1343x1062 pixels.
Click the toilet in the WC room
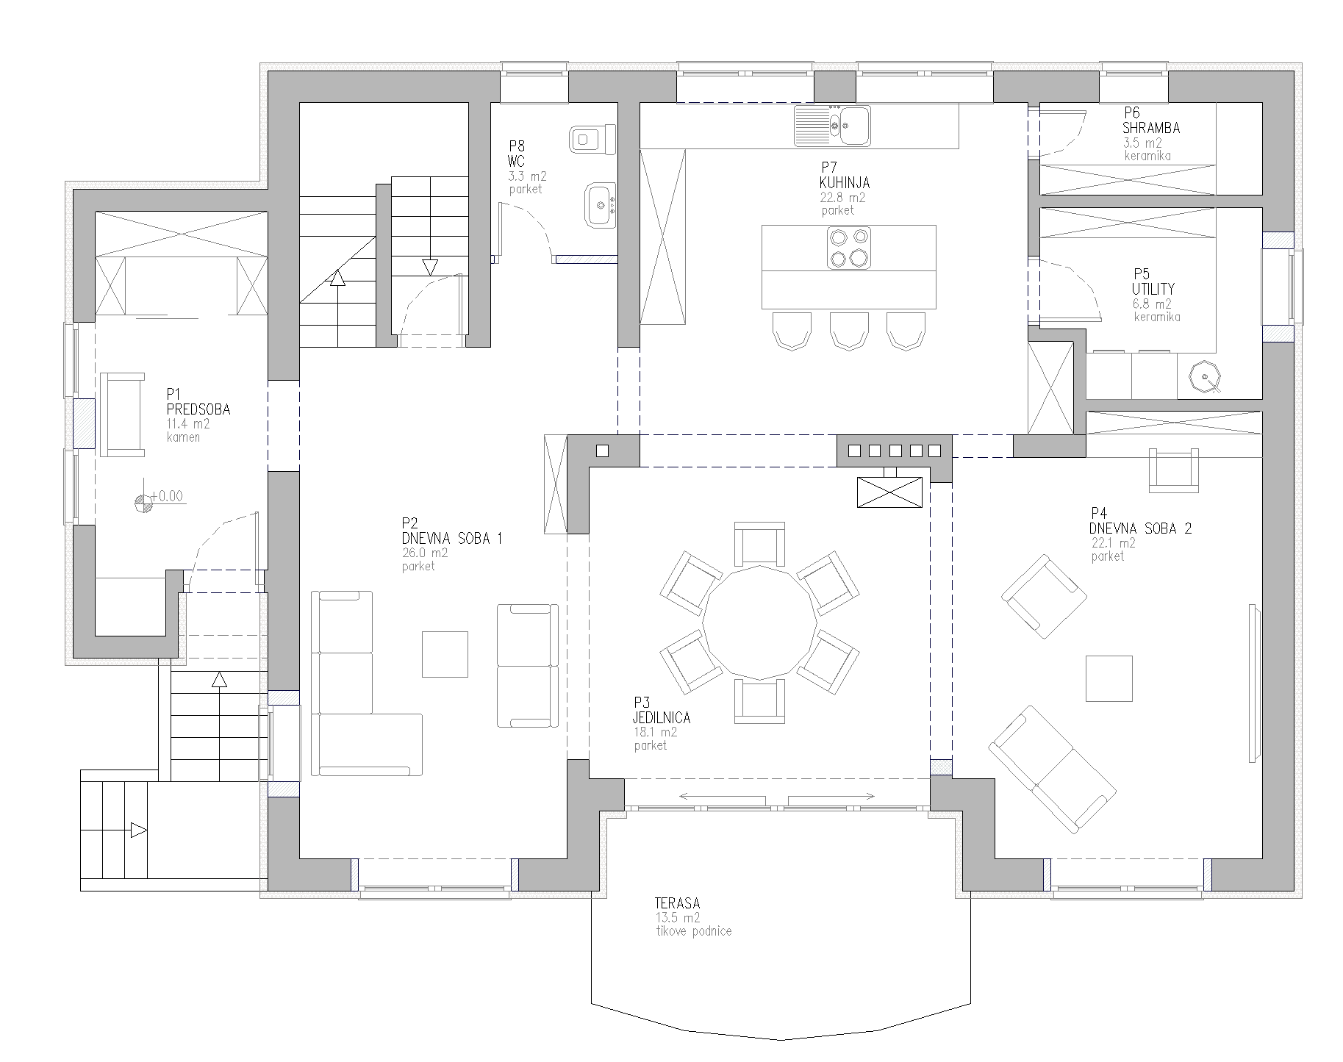click(x=592, y=139)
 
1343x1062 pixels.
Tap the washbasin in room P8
click(x=600, y=205)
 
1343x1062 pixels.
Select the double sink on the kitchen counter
click(x=832, y=124)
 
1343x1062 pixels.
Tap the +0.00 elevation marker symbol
click(x=145, y=502)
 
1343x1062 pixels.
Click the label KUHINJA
click(x=845, y=183)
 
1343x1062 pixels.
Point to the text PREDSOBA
click(x=198, y=409)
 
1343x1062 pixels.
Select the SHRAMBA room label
click(x=1151, y=128)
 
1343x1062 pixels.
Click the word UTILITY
click(x=1153, y=289)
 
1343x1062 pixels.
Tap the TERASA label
click(x=677, y=903)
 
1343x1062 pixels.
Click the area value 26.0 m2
click(x=424, y=553)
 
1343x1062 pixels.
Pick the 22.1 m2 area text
click(x=1114, y=543)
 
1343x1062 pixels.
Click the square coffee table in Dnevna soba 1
click(x=445, y=654)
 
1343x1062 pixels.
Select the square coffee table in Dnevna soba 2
click(x=1109, y=678)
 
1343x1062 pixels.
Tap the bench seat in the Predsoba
click(x=123, y=415)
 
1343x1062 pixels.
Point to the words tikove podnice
click(x=693, y=931)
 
